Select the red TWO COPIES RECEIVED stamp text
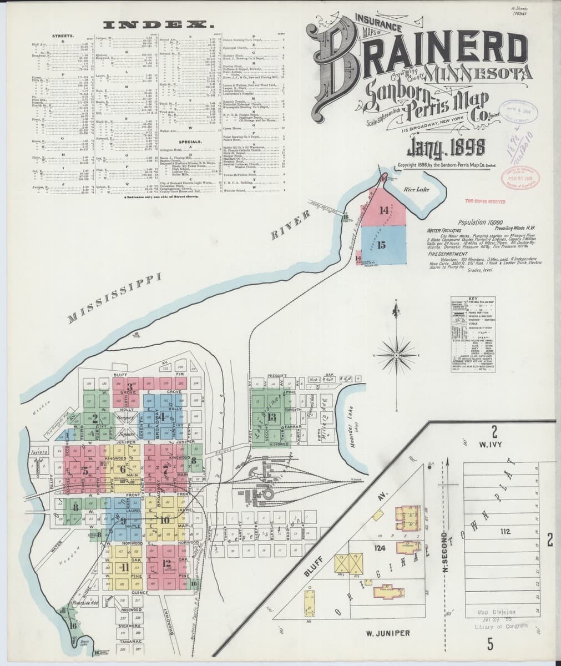[x=488, y=201]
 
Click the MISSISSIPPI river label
[x=114, y=297]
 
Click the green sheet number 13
[x=271, y=417]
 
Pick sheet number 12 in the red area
[x=167, y=563]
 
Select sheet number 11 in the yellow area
[x=125, y=567]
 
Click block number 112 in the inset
[x=504, y=532]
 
